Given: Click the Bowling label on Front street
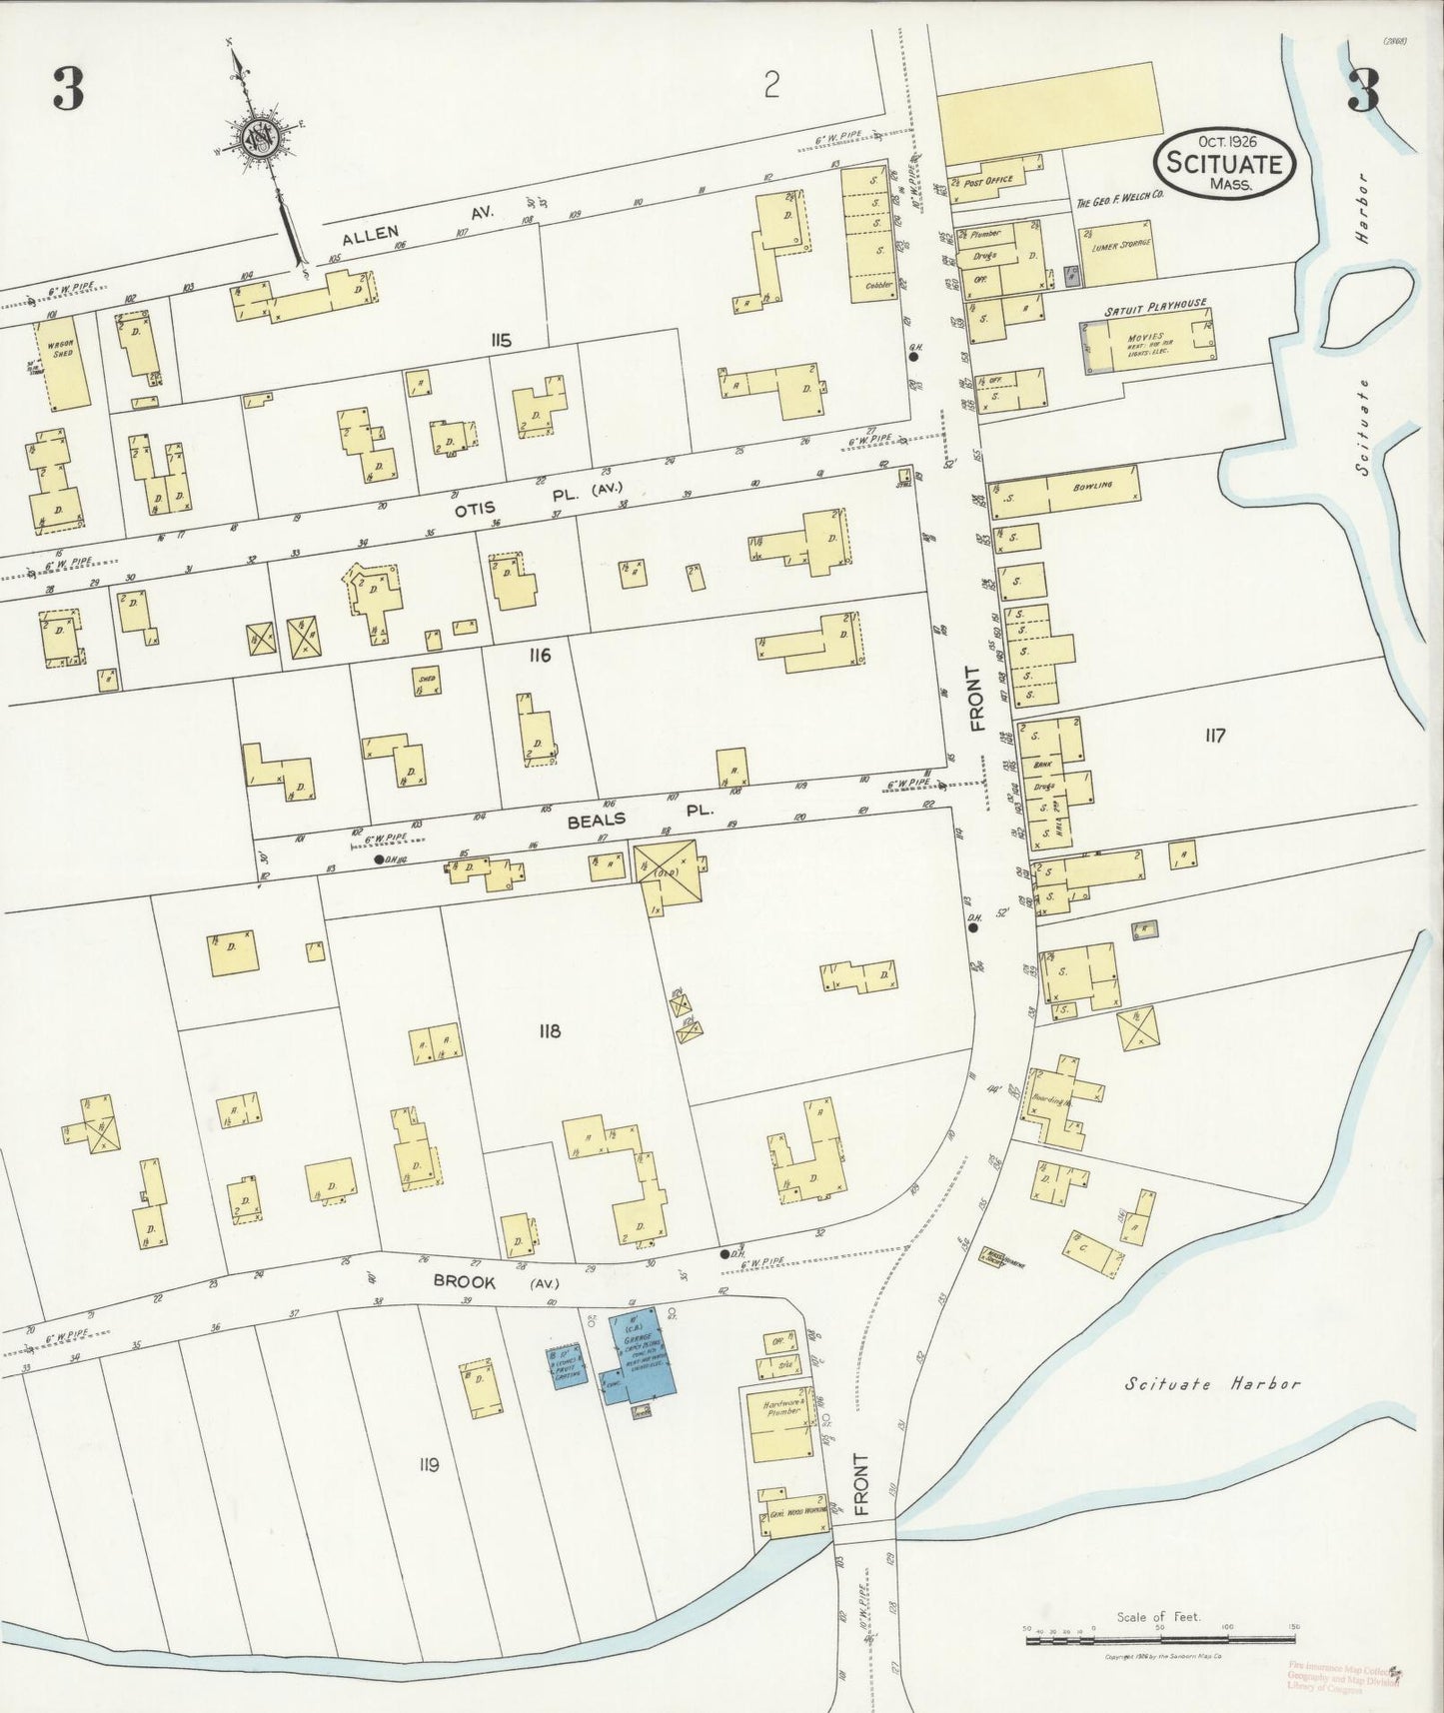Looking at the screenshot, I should point(1092,486).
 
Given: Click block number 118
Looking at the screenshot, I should point(548,1030).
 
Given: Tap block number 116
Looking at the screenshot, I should point(541,655).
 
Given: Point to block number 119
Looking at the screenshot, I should point(429,1464).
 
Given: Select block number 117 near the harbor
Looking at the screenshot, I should point(1214,736).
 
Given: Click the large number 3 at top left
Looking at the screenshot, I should point(68,92).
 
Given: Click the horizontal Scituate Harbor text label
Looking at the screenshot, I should point(1212,1384).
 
